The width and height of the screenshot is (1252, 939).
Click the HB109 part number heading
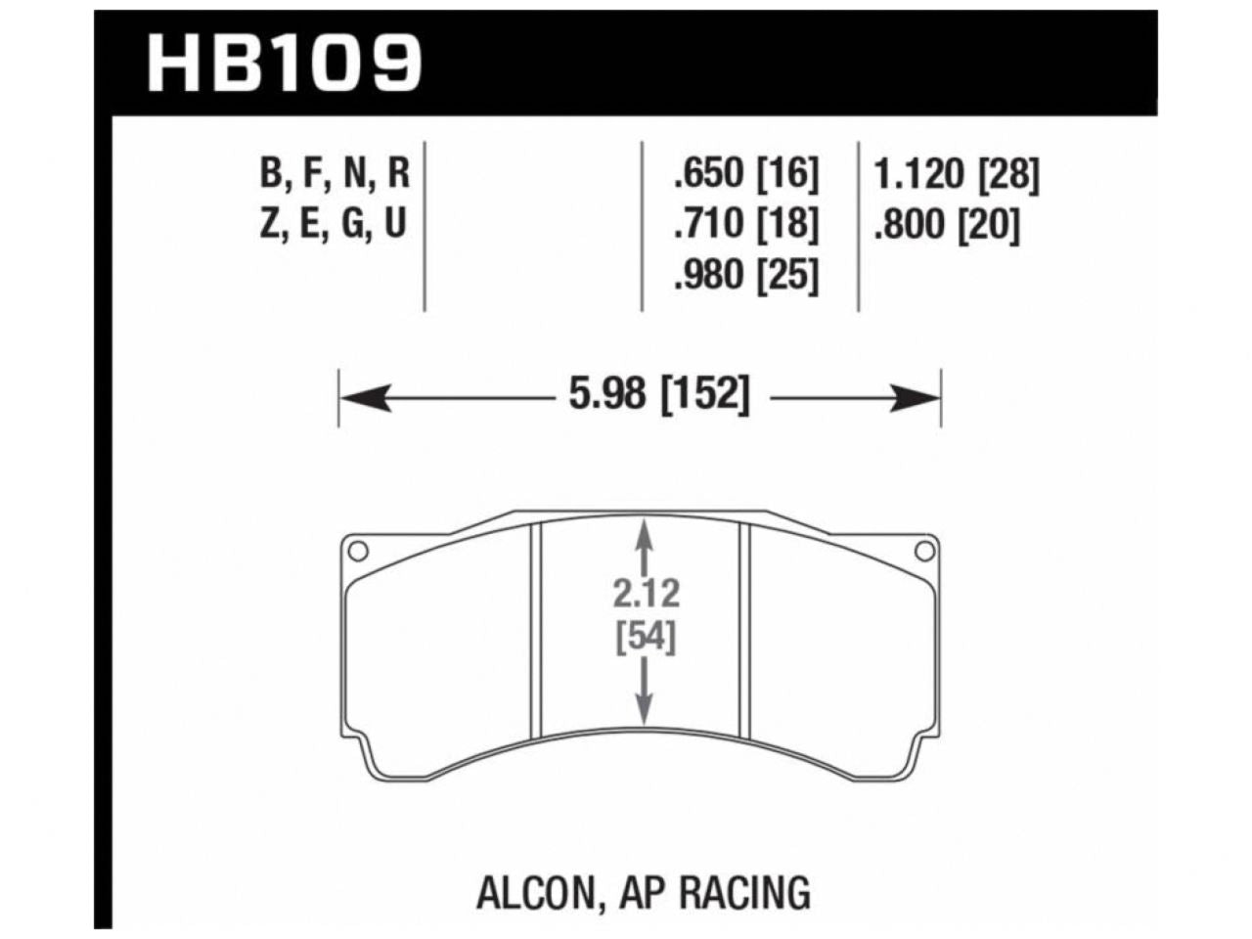point(284,63)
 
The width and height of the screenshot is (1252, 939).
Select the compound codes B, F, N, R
point(334,175)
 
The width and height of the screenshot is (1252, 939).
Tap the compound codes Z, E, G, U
point(334,226)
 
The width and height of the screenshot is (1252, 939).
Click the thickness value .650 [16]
point(744,175)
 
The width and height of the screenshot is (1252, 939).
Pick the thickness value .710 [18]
point(744,226)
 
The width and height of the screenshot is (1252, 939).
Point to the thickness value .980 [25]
point(744,277)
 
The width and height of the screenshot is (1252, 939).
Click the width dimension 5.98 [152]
point(657,396)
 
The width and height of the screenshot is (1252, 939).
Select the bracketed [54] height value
point(647,638)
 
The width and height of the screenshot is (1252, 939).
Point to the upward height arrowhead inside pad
point(644,534)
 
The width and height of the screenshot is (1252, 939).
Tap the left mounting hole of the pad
point(358,552)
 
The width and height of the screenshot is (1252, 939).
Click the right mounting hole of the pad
point(923,552)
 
